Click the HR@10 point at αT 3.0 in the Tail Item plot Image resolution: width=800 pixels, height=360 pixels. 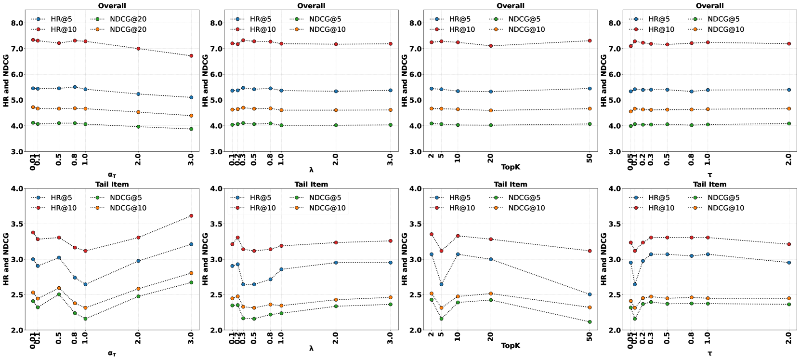point(191,216)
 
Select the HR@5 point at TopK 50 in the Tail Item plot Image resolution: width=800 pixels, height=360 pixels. point(590,294)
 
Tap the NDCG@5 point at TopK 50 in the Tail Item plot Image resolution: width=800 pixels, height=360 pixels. point(590,322)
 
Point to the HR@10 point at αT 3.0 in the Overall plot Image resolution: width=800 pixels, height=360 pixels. point(191,56)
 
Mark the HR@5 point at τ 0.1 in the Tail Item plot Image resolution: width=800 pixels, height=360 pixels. point(635,284)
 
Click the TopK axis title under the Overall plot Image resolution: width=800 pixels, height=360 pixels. point(511,167)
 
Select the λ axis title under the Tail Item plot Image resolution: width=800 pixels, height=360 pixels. point(311,348)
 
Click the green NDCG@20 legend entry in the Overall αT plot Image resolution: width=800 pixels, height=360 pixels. point(128,19)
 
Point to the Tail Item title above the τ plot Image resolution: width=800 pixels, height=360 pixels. point(709,184)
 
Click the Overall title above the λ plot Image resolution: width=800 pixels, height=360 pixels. point(311,6)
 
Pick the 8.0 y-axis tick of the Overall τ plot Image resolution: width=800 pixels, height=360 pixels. point(615,23)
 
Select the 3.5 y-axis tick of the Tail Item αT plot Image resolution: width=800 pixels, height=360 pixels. point(17,224)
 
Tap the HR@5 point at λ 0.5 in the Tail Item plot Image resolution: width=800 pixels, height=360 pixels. point(254,284)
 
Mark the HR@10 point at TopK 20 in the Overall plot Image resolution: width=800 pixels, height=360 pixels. point(491,46)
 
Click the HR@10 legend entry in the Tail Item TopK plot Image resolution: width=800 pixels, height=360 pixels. point(461,208)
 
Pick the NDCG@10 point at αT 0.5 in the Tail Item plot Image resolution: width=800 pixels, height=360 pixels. point(59,288)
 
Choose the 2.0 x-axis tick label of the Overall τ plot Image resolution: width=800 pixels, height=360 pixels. point(789,159)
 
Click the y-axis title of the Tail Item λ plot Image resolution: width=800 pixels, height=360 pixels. point(205,259)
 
